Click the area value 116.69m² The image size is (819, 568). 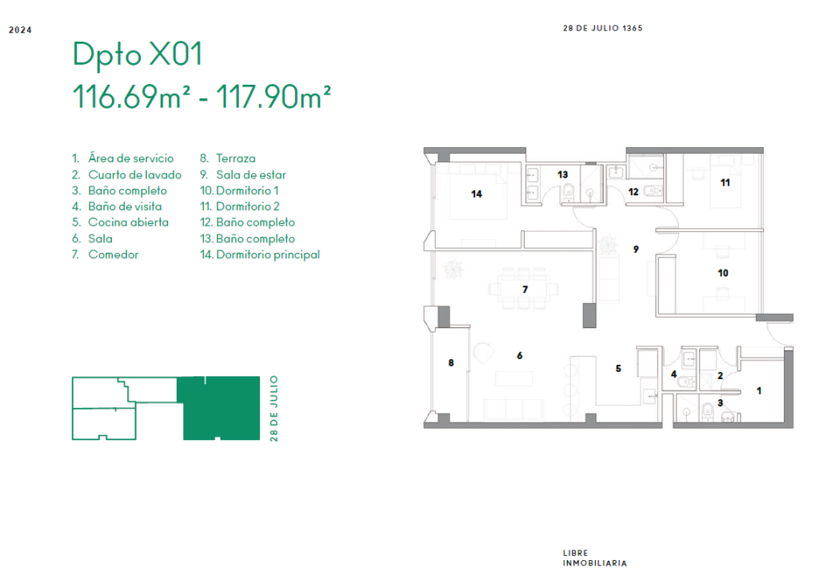[x=131, y=97]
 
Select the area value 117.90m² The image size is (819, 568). [x=274, y=97]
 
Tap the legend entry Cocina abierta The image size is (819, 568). [x=128, y=222]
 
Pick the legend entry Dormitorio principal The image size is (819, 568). [x=268, y=255]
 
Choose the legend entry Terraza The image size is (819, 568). [x=236, y=158]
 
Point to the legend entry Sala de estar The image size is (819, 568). [x=251, y=174]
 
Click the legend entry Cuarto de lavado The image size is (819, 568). [x=134, y=174]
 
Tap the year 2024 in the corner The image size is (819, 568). [x=20, y=30]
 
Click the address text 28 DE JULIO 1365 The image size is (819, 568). [x=603, y=28]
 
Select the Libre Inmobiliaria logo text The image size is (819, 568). [x=594, y=558]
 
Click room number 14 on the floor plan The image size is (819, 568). [x=477, y=194]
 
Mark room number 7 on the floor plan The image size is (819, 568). [x=525, y=290]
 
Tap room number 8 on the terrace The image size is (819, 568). [x=451, y=362]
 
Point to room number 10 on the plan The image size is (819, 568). [x=723, y=273]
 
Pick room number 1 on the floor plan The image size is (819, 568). [x=759, y=391]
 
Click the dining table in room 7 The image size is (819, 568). [x=524, y=289]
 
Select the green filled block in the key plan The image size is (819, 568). [x=219, y=408]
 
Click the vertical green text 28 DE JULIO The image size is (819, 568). [x=274, y=409]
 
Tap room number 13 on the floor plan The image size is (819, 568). [x=562, y=174]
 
